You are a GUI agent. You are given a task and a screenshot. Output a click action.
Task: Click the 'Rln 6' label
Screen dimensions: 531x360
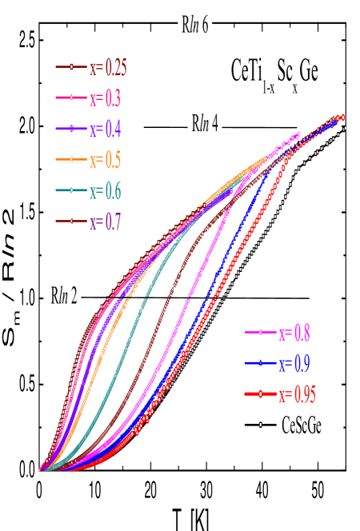point(195,25)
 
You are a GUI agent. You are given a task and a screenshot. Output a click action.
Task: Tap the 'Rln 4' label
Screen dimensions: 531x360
point(205,124)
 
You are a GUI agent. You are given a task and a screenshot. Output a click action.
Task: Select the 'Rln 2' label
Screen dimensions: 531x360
point(64,296)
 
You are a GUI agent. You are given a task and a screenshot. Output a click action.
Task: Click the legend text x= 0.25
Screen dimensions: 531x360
point(107,68)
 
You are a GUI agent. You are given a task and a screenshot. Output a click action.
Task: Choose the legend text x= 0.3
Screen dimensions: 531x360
point(104,98)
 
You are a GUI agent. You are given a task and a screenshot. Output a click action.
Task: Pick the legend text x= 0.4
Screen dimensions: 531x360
point(104,129)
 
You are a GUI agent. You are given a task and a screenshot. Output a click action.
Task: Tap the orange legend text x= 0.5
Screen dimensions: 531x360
point(104,160)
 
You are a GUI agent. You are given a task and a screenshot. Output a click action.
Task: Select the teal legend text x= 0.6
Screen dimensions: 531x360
point(104,191)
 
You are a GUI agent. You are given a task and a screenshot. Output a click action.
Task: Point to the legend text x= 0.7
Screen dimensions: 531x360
point(104,222)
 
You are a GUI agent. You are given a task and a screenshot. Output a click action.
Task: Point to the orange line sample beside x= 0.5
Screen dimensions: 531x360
point(71,160)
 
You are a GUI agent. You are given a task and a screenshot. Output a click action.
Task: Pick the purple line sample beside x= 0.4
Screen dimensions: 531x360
point(71,129)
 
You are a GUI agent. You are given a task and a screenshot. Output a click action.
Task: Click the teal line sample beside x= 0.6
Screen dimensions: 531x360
point(71,190)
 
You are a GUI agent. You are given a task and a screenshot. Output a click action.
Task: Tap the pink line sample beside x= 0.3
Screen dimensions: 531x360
point(71,98)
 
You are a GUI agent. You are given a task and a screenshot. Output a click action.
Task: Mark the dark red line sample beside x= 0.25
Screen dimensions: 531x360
point(71,67)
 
